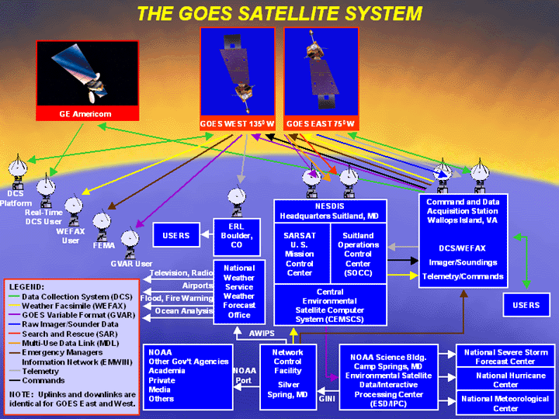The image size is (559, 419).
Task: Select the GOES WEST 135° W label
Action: [237, 124]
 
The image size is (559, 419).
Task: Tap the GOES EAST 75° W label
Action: [321, 124]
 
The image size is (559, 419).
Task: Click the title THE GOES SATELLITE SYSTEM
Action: [279, 13]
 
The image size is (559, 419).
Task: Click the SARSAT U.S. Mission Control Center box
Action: [299, 255]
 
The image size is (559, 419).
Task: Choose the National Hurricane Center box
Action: [505, 380]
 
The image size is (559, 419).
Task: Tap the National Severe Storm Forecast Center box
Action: [505, 356]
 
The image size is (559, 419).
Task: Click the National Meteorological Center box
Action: [505, 403]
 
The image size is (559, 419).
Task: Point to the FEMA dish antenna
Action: [102, 224]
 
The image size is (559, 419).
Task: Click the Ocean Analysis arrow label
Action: [183, 311]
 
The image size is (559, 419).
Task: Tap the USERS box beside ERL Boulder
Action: [176, 235]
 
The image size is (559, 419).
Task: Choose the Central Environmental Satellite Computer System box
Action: [331, 305]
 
